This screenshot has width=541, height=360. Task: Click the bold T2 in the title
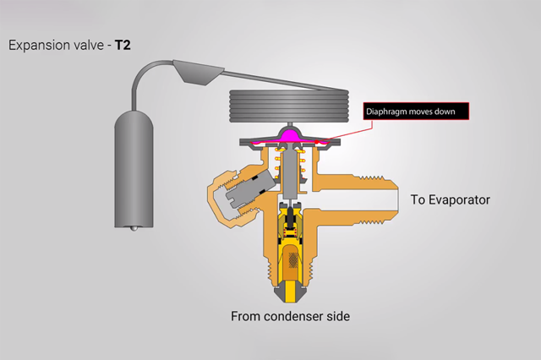(x=123, y=44)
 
